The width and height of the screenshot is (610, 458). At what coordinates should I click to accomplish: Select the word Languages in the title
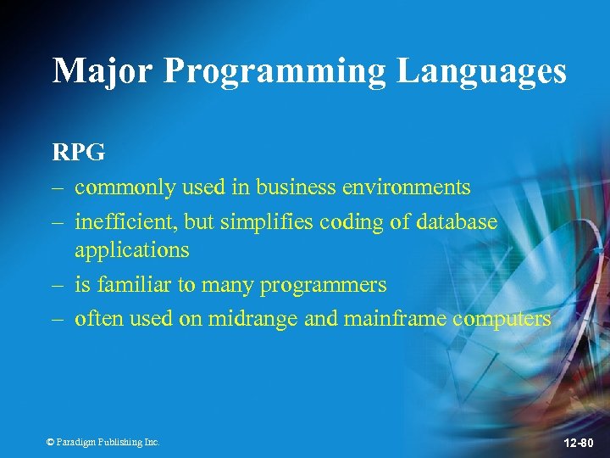coord(482,72)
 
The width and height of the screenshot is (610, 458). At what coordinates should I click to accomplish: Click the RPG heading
coord(79,153)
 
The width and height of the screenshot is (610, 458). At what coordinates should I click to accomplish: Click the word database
coord(452,221)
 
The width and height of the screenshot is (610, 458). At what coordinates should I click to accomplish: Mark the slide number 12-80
coord(579,443)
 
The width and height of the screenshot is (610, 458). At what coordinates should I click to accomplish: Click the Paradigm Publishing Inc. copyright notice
coord(103,442)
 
